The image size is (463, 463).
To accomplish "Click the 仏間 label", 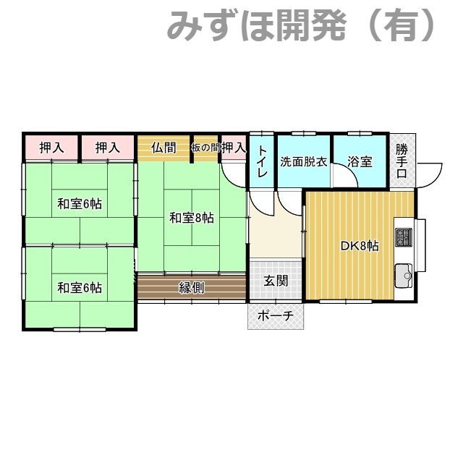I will pyautogui.click(x=164, y=148).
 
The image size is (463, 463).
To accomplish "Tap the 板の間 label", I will pyautogui.click(x=205, y=148).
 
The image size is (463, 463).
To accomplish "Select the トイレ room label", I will pyautogui.click(x=263, y=163).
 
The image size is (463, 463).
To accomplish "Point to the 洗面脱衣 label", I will pyautogui.click(x=304, y=162).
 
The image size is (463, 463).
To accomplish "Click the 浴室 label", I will pyautogui.click(x=360, y=162).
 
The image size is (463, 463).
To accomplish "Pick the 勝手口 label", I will pyautogui.click(x=402, y=161).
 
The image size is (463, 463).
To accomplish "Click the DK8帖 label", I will pyautogui.click(x=360, y=245).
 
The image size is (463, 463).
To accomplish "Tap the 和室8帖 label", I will pyautogui.click(x=192, y=217).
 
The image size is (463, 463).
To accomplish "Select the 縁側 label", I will pyautogui.click(x=192, y=287).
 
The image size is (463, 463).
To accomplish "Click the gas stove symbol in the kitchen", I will pyautogui.click(x=404, y=237).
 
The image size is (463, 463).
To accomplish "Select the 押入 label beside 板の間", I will pyautogui.click(x=234, y=148).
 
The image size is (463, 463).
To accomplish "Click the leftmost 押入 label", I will pyautogui.click(x=51, y=148).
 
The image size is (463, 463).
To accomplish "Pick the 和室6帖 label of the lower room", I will pyautogui.click(x=80, y=288).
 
